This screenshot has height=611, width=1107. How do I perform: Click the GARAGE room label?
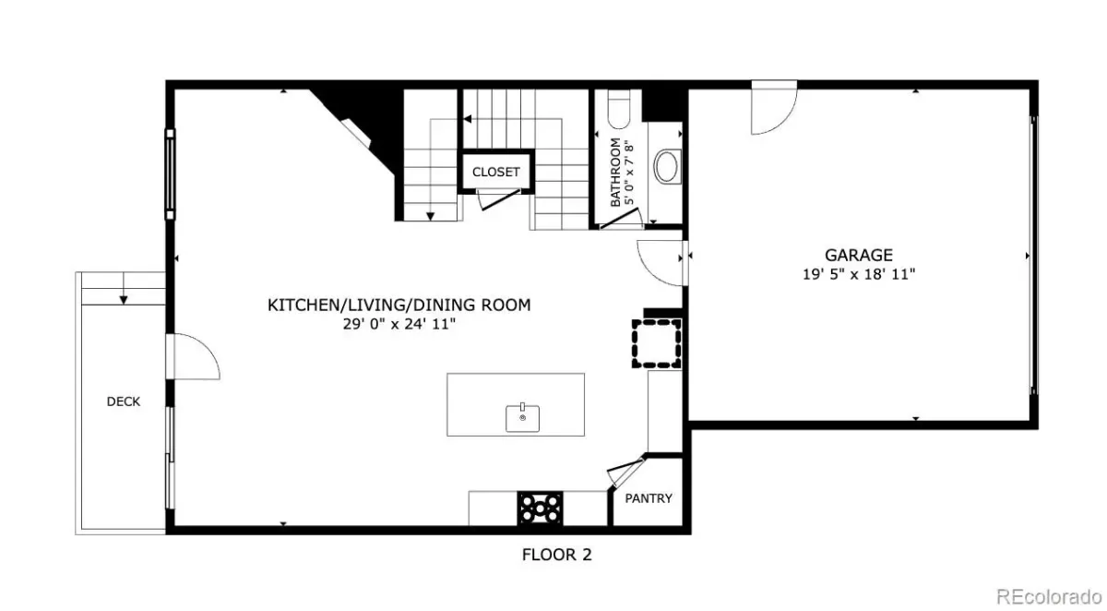tap(859, 255)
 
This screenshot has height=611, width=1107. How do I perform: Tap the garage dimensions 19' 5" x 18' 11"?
tap(859, 274)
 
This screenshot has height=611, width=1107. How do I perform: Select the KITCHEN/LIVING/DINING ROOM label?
tap(399, 305)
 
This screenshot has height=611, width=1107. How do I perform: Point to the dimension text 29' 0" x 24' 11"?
tap(399, 324)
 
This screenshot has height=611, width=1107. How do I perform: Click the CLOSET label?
tap(495, 172)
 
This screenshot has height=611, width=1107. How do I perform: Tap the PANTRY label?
tap(649, 498)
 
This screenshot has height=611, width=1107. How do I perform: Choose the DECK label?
tap(123, 401)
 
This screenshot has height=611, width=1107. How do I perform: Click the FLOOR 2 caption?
tap(556, 555)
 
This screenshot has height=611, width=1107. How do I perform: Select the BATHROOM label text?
tap(615, 172)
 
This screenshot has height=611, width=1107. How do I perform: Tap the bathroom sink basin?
tap(667, 166)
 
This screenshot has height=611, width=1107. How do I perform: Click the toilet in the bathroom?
tap(618, 109)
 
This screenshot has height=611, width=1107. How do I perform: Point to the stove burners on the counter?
tap(540, 509)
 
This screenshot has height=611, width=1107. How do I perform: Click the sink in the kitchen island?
tap(522, 418)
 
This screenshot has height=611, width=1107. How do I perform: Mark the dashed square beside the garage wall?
tap(656, 343)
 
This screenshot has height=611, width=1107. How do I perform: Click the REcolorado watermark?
tap(1049, 596)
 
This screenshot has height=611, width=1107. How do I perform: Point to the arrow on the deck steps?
tap(124, 289)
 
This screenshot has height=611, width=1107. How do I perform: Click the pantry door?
tap(625, 471)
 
